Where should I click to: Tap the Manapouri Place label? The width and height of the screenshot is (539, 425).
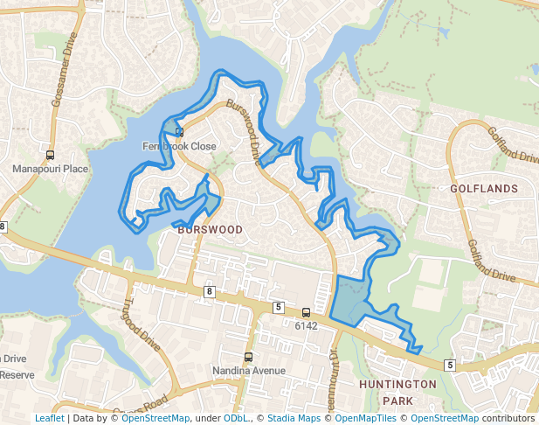click(x=51, y=169)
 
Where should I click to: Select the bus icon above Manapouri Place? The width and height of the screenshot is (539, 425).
click(x=51, y=155)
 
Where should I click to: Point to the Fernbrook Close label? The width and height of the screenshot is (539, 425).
click(x=179, y=147)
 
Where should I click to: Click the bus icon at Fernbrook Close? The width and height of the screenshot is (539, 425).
click(x=179, y=132)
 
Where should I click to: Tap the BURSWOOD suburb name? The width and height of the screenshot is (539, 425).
click(x=210, y=230)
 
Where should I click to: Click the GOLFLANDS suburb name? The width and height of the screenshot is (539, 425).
click(x=484, y=189)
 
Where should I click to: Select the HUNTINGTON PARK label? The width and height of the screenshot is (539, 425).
click(x=397, y=392)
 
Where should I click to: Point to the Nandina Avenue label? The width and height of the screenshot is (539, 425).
click(x=249, y=371)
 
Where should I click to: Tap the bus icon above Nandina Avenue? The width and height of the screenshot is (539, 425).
click(x=249, y=357)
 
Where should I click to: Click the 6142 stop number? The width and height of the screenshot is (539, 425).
click(x=306, y=326)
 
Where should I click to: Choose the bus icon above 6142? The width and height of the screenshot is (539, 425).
click(x=306, y=313)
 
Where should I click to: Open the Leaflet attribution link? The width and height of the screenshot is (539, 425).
click(x=50, y=419)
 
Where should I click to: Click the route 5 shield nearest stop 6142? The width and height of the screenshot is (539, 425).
click(x=278, y=307)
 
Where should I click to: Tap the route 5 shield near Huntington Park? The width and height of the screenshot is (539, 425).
click(x=450, y=364)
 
